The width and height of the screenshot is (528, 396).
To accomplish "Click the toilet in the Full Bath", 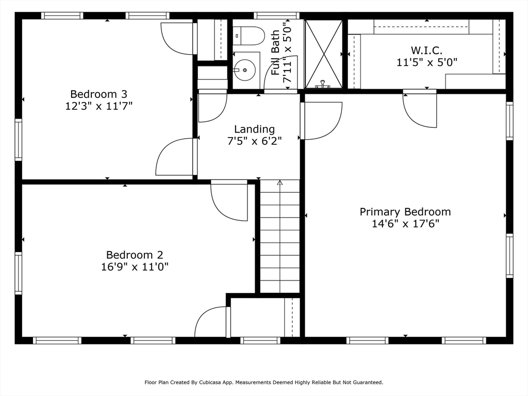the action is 249,36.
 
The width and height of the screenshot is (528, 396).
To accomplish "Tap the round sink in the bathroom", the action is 244,70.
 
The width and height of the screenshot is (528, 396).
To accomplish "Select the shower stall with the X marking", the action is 323,54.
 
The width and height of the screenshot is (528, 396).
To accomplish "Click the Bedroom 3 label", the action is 98,94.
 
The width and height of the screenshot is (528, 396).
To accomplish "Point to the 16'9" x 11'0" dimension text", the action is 135,267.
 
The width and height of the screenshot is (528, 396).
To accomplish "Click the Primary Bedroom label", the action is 405,212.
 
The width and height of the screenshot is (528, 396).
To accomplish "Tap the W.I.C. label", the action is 426,51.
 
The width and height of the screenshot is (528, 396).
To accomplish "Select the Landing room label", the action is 255,129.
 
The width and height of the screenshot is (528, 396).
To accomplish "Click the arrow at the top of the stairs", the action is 279,183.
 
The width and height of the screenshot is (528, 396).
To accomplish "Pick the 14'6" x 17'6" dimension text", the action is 405,224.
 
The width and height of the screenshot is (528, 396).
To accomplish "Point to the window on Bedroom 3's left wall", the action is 18,140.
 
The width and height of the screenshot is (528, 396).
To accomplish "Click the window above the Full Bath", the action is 276,15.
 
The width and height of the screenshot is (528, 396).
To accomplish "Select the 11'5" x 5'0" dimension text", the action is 426,62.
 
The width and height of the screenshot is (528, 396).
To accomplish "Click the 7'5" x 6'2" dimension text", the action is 255,141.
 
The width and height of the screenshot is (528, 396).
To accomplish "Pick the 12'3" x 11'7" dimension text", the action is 98,106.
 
